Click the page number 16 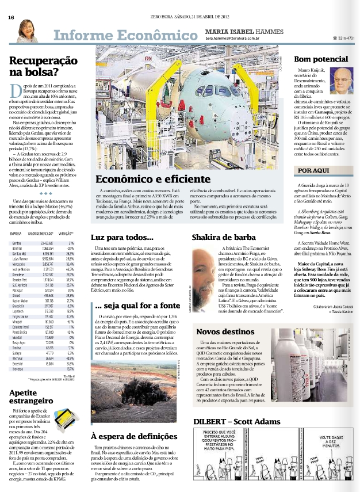pyautogui.click(x=11, y=17)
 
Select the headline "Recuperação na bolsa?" pyautogui.click(x=36, y=66)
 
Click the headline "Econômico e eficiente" pyautogui.click(x=145, y=164)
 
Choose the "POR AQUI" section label pyautogui.click(x=313, y=154)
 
